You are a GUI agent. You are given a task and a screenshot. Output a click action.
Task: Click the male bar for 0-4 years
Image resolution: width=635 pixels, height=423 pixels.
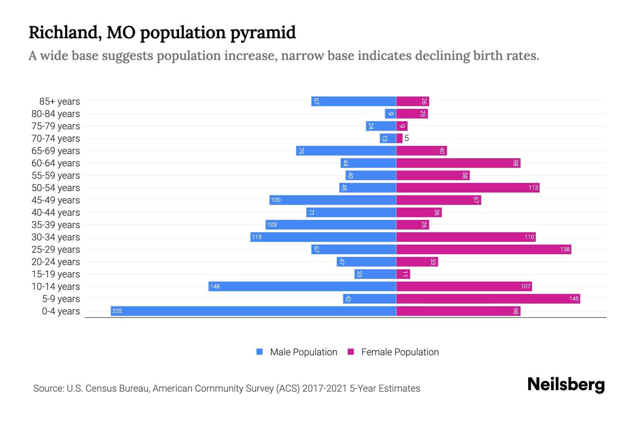[253, 311]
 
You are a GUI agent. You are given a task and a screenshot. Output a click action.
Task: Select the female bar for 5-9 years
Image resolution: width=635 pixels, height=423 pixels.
[488, 299]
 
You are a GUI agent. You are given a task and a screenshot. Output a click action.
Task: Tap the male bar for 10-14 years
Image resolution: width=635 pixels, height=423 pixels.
[302, 286]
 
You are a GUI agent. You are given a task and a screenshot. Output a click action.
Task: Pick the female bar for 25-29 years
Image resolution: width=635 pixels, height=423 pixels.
[483, 249]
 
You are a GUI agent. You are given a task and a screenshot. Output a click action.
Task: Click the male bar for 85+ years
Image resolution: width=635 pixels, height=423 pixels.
[353, 101]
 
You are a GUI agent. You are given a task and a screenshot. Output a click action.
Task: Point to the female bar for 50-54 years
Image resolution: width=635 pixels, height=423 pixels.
[468, 188]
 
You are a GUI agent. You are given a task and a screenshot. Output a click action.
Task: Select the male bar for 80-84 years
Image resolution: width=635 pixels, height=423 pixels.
[390, 114]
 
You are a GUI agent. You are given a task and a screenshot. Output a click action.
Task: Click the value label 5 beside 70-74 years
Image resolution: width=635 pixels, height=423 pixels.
[407, 138]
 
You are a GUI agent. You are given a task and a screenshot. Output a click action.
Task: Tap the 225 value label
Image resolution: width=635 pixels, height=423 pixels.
[117, 311]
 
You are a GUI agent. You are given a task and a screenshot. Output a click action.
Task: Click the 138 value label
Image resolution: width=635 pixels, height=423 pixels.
[565, 249]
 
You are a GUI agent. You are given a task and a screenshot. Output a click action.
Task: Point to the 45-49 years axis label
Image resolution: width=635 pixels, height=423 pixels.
[56, 200]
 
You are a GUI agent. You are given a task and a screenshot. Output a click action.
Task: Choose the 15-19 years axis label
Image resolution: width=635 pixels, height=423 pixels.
[56, 274]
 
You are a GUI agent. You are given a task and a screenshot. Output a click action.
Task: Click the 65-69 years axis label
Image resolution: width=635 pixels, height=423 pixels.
[56, 151]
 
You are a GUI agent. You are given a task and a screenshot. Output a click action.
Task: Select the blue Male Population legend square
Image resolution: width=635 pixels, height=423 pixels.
[260, 352]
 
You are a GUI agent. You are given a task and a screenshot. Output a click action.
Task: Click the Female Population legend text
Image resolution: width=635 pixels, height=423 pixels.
[400, 352]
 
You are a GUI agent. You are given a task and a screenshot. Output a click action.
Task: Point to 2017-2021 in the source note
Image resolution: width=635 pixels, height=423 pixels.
[325, 388]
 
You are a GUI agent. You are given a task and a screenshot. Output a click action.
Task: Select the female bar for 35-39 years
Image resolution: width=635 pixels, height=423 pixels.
[412, 225]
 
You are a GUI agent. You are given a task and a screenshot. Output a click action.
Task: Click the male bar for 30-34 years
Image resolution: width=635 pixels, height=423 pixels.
[323, 237]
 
